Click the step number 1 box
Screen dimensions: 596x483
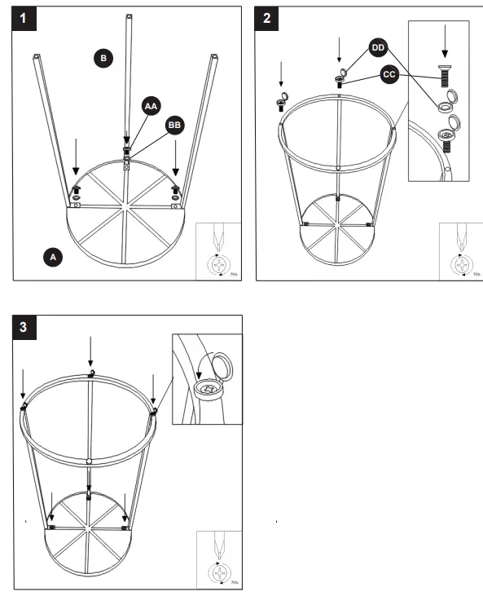pos(27,20)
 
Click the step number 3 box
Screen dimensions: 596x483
pos(27,328)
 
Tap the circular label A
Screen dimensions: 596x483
pos(53,257)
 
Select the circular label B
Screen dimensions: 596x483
pos(103,58)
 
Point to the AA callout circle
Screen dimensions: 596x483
pos(151,106)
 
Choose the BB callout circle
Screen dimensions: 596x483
pos(174,125)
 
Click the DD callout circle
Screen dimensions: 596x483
pos(378,48)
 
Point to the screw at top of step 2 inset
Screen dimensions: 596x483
pos(445,78)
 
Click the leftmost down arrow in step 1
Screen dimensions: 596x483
pos(75,155)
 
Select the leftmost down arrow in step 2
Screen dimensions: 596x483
pos(281,75)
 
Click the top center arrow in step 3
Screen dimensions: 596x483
pos(90,352)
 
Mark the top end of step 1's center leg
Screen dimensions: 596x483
pos(128,15)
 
